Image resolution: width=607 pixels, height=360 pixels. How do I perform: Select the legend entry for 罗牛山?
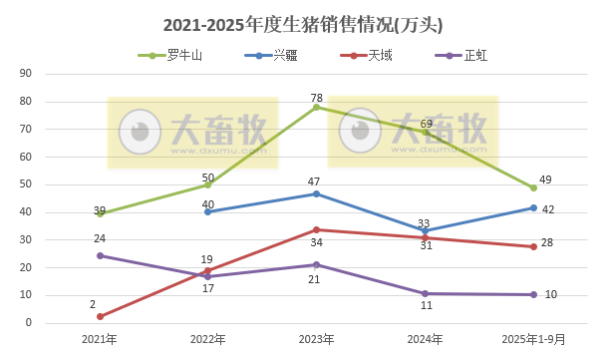pos(184,56)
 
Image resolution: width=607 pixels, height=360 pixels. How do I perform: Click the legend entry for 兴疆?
pos(285,56)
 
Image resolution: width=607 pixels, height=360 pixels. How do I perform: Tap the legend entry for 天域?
pos(381,56)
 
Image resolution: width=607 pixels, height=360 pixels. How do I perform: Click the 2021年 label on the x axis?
pos(99,339)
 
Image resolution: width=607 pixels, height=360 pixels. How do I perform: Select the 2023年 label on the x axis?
pos(316,339)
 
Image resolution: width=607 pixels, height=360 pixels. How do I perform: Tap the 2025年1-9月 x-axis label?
pos(533,339)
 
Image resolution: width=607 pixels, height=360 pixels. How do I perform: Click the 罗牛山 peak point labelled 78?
pos(316,107)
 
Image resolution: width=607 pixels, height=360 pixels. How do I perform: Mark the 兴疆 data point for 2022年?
pos(207,211)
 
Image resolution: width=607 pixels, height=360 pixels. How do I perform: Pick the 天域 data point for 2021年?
pos(99,317)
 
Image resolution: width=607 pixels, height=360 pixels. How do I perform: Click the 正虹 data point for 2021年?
pos(99,256)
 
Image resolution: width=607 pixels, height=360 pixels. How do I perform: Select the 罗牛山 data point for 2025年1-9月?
pos(533,187)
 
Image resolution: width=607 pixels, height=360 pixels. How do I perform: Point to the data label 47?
pos(313,181)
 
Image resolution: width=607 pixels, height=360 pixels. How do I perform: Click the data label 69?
pos(426,123)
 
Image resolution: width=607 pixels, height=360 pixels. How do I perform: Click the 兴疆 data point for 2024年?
pos(425,231)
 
